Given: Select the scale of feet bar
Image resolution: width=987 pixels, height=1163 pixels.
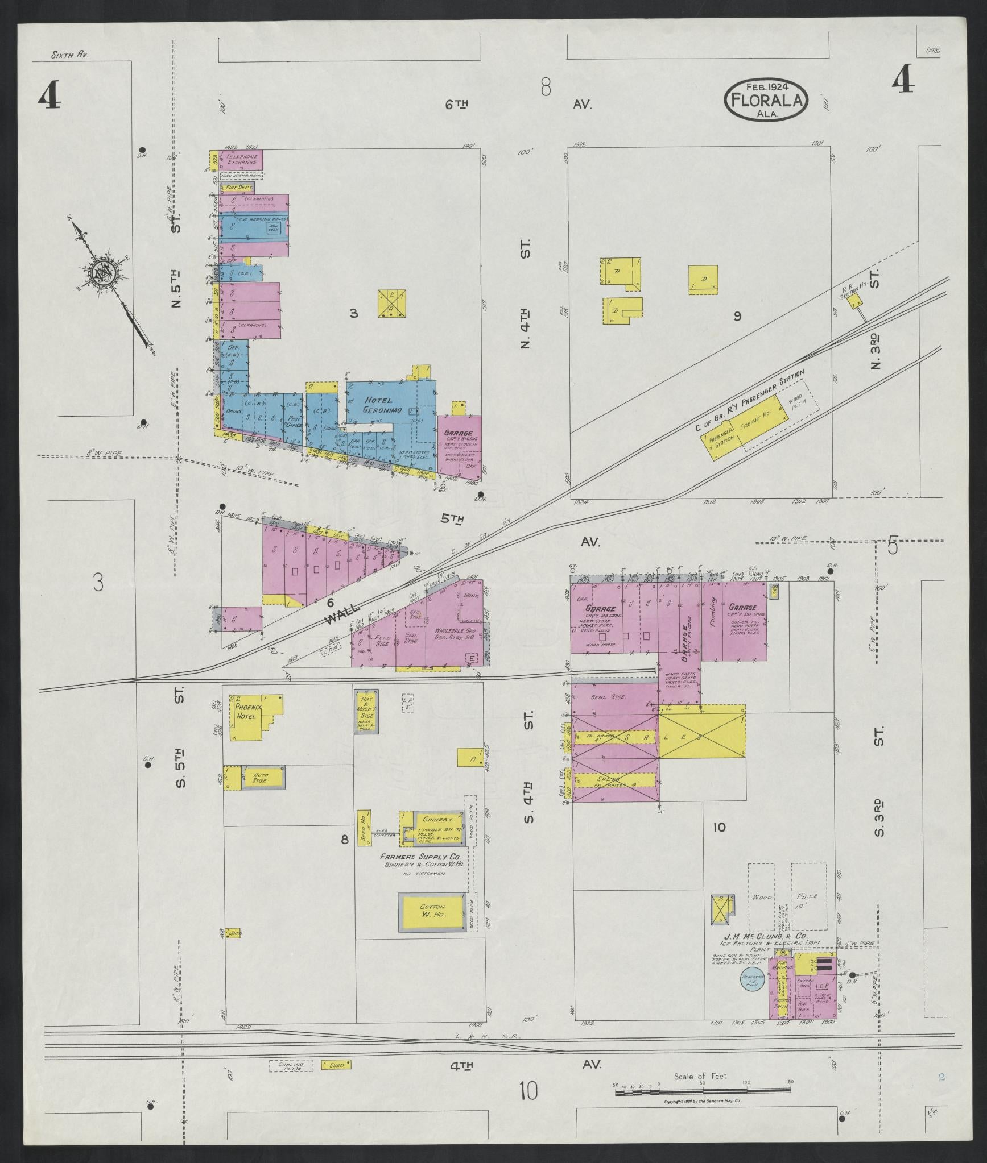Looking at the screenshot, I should (x=703, y=1089).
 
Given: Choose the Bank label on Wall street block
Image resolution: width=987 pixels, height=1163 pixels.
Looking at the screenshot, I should (x=470, y=596).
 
